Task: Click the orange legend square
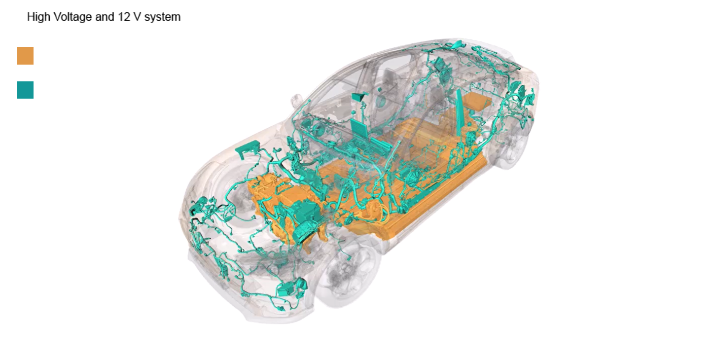(x=25, y=56)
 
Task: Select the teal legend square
(x=25, y=90)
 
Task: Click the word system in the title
(x=162, y=17)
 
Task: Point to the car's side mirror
(x=296, y=100)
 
